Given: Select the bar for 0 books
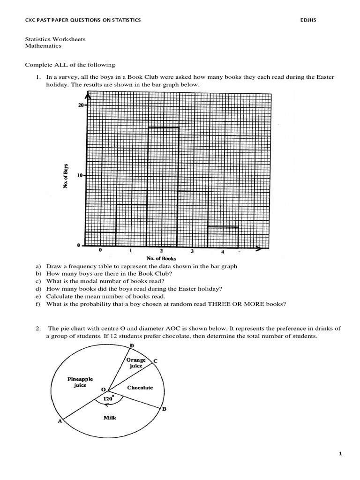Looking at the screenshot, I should pyautogui.click(x=101, y=239).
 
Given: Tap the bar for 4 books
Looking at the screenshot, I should pyautogui.click(x=223, y=237).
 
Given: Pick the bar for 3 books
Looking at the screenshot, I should pyautogui.click(x=193, y=218).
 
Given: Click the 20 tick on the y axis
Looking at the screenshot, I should pyautogui.click(x=81, y=105).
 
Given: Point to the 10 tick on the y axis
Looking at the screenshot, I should pyautogui.click(x=81, y=175).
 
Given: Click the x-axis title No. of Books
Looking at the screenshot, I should pyautogui.click(x=161, y=258).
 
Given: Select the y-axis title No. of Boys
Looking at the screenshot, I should pyautogui.click(x=66, y=176).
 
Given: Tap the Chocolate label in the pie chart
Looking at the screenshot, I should pyautogui.click(x=140, y=388).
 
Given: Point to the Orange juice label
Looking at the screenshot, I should pyautogui.click(x=136, y=363).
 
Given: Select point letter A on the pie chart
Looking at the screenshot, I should pyautogui.click(x=60, y=421).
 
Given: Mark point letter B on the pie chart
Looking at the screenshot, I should pyautogui.click(x=164, y=409).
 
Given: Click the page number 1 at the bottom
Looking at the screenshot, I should pyautogui.click(x=340, y=454).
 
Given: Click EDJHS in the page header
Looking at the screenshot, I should pyautogui.click(x=308, y=20).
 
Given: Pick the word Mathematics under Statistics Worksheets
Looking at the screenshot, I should pyautogui.click(x=43, y=46).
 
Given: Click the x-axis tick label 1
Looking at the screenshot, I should pyautogui.click(x=130, y=251).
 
